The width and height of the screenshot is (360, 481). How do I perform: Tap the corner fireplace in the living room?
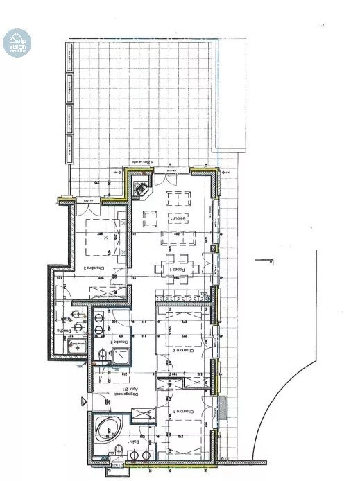141,186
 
